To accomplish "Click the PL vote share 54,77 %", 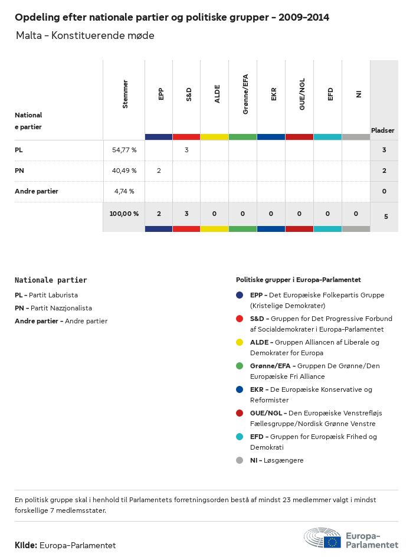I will click(124, 150).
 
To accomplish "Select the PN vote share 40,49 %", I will click(124, 171).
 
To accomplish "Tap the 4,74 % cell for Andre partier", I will click(124, 191).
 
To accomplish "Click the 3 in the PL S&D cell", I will click(186, 150).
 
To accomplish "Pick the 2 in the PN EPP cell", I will click(159, 171).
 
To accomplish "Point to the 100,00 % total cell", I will click(124, 214).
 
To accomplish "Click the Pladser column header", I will click(383, 130).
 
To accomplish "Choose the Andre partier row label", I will click(37, 191).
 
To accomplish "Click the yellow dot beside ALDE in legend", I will click(240, 342).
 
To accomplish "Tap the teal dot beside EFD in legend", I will click(240, 437).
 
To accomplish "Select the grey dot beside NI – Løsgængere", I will click(240, 460).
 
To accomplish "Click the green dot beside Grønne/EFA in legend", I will click(240, 366).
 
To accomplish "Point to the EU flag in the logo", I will click(333, 541).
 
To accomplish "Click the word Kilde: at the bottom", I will click(26, 545).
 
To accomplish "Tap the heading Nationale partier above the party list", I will click(51, 280).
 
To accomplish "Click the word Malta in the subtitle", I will click(29, 36).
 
